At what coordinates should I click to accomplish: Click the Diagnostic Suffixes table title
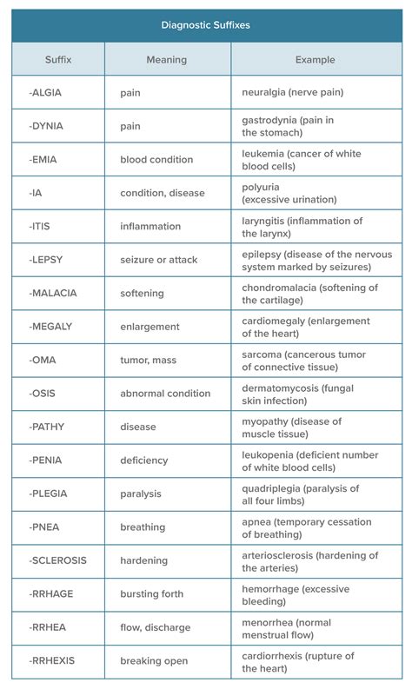(206, 25)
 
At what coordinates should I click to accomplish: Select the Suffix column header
(58, 59)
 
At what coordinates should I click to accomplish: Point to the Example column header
(315, 59)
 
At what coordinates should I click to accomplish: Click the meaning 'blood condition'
(157, 160)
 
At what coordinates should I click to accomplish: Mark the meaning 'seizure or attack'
(160, 260)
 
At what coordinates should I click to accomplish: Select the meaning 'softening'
(144, 293)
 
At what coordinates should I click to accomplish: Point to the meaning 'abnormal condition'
(165, 394)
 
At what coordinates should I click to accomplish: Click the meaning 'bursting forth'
(151, 594)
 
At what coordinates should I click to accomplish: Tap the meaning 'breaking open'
(154, 661)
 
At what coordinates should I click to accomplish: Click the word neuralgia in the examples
(266, 92)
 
